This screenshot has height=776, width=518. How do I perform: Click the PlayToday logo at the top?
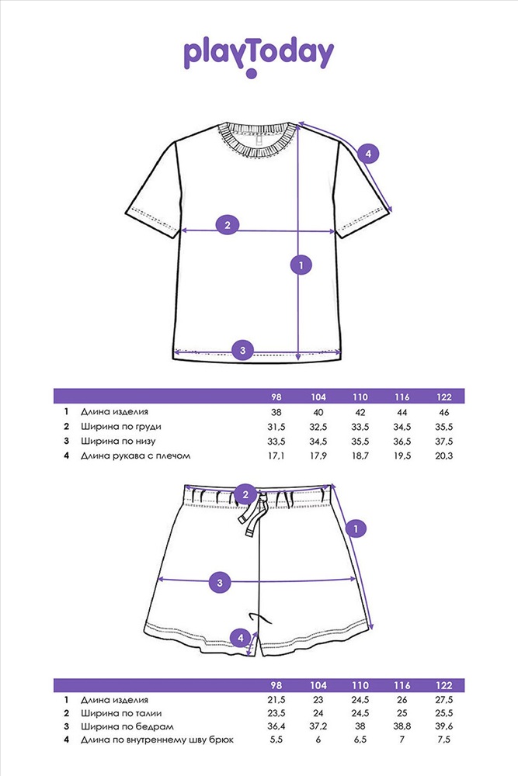259,57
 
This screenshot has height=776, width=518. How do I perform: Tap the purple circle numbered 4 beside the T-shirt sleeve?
368,154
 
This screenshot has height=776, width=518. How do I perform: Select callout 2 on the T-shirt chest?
228,225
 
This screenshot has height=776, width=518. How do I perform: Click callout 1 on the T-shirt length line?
301,265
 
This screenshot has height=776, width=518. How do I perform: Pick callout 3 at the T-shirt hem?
242,351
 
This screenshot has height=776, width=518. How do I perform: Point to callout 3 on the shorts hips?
220,583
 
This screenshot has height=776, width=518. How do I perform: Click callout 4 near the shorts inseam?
241,637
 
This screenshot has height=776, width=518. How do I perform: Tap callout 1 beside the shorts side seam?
356,529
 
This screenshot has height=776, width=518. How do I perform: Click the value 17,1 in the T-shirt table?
276,456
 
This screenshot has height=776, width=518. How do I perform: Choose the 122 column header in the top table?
444,397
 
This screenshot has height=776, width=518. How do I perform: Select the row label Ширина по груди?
121,427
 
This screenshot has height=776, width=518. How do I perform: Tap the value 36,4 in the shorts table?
276,726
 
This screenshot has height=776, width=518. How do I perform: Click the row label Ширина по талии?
121,713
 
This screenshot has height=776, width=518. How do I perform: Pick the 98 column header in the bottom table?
276,685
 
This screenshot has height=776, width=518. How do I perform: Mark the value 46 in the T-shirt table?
444,412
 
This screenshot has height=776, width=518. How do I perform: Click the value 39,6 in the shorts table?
444,726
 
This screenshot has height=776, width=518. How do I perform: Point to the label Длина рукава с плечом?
136,456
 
